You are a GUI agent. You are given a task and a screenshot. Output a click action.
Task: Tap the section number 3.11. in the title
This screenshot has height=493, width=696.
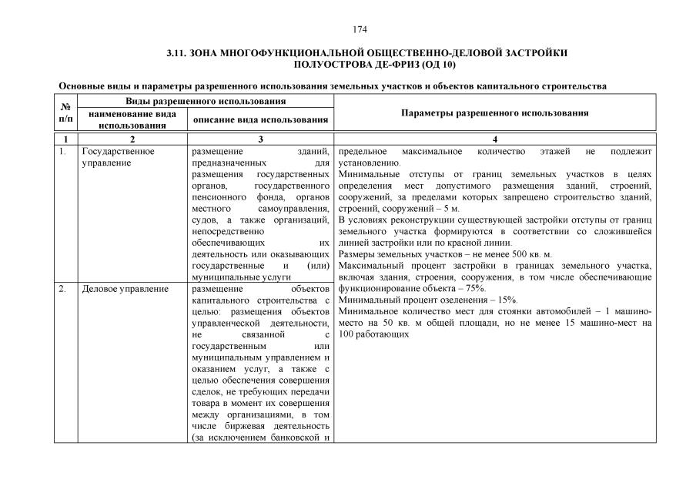178,53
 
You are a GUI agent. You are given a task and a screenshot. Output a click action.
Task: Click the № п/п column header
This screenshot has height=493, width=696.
65,112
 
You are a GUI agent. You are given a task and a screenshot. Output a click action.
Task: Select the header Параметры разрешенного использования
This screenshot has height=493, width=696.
495,112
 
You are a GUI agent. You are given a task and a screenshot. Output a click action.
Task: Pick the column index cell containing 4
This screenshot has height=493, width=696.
495,139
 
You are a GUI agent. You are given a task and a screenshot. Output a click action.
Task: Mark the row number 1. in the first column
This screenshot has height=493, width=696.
63,151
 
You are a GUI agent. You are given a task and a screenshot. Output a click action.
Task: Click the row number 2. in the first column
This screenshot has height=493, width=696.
63,289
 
